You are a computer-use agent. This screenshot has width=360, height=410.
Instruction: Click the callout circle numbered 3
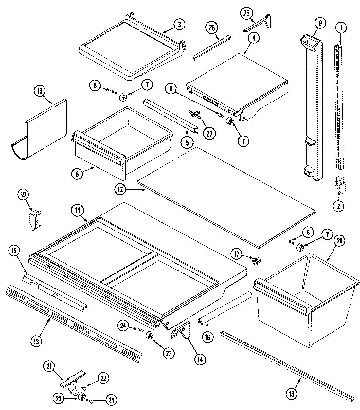click(x=179, y=24)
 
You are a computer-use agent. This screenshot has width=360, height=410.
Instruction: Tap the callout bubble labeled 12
click(x=120, y=188)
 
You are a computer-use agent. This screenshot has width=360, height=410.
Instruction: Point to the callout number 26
click(x=211, y=28)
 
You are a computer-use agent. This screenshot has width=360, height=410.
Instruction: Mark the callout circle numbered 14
click(x=200, y=359)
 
